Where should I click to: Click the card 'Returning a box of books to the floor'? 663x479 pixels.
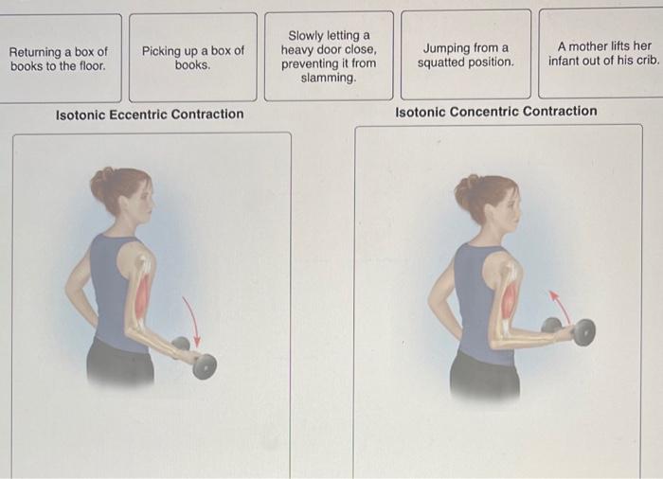59,59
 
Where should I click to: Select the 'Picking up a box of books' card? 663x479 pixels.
193,58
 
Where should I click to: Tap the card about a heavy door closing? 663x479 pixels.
329,56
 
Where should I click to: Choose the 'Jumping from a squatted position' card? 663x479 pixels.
466,55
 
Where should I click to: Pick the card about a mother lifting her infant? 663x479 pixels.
601,53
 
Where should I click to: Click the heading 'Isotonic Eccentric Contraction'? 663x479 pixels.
150,115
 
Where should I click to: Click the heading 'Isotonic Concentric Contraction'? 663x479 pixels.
496,112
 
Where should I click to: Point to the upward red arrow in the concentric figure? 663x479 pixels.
559,305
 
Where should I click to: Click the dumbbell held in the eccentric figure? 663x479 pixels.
197,358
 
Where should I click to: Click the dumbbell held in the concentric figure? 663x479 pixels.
571,331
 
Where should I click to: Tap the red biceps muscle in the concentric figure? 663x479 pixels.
510,297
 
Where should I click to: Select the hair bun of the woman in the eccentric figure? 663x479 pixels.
101,181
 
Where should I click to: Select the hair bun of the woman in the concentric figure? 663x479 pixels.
466,188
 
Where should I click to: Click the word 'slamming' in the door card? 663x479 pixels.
329,78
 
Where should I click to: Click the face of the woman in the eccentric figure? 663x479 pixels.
143,201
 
